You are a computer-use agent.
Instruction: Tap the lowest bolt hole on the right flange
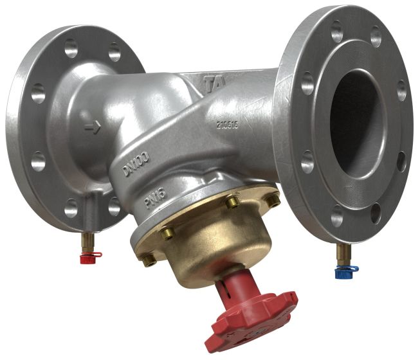pyautogui.click(x=335, y=214)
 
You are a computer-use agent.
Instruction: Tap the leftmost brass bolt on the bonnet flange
pyautogui.click(x=149, y=260)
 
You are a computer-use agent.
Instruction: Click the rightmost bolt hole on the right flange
pyautogui.click(x=401, y=91)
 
